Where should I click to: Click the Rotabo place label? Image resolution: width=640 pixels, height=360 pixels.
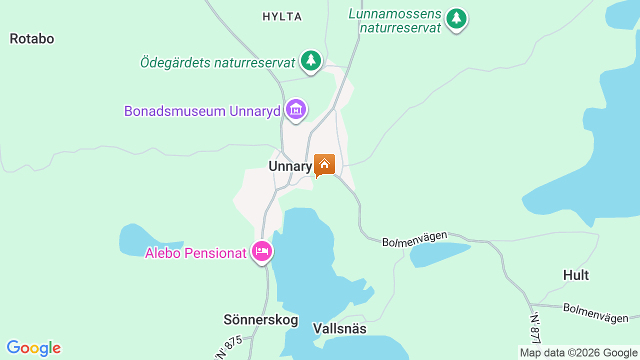click(31, 39)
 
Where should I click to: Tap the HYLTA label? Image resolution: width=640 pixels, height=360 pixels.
click(282, 17)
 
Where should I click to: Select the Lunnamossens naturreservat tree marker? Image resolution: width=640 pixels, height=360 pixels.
click(456, 19)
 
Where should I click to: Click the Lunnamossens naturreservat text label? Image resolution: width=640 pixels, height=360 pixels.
click(395, 20)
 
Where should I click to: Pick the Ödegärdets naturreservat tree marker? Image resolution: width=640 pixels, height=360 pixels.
click(311, 60)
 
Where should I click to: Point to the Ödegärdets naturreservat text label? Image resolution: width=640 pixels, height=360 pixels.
click(217, 63)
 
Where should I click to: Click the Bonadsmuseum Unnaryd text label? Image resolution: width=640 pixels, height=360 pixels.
click(202, 111)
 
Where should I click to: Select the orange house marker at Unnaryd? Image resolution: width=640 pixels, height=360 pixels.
click(324, 164)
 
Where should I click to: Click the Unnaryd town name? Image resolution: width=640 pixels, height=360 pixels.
click(290, 166)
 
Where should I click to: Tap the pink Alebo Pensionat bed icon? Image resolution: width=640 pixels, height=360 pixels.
click(262, 251)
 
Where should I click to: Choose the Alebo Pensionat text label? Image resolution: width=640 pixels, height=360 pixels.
click(196, 253)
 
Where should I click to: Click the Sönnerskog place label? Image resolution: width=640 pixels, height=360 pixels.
click(260, 320)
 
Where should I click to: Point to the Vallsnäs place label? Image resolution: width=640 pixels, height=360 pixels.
click(339, 328)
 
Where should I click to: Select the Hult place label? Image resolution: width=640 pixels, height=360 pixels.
click(575, 275)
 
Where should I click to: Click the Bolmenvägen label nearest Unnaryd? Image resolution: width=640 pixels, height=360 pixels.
click(414, 238)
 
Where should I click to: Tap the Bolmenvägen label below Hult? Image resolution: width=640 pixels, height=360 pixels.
click(595, 312)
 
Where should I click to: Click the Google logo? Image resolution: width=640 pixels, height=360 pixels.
click(33, 348)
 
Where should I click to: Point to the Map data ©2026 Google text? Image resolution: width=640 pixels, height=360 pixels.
click(578, 352)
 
